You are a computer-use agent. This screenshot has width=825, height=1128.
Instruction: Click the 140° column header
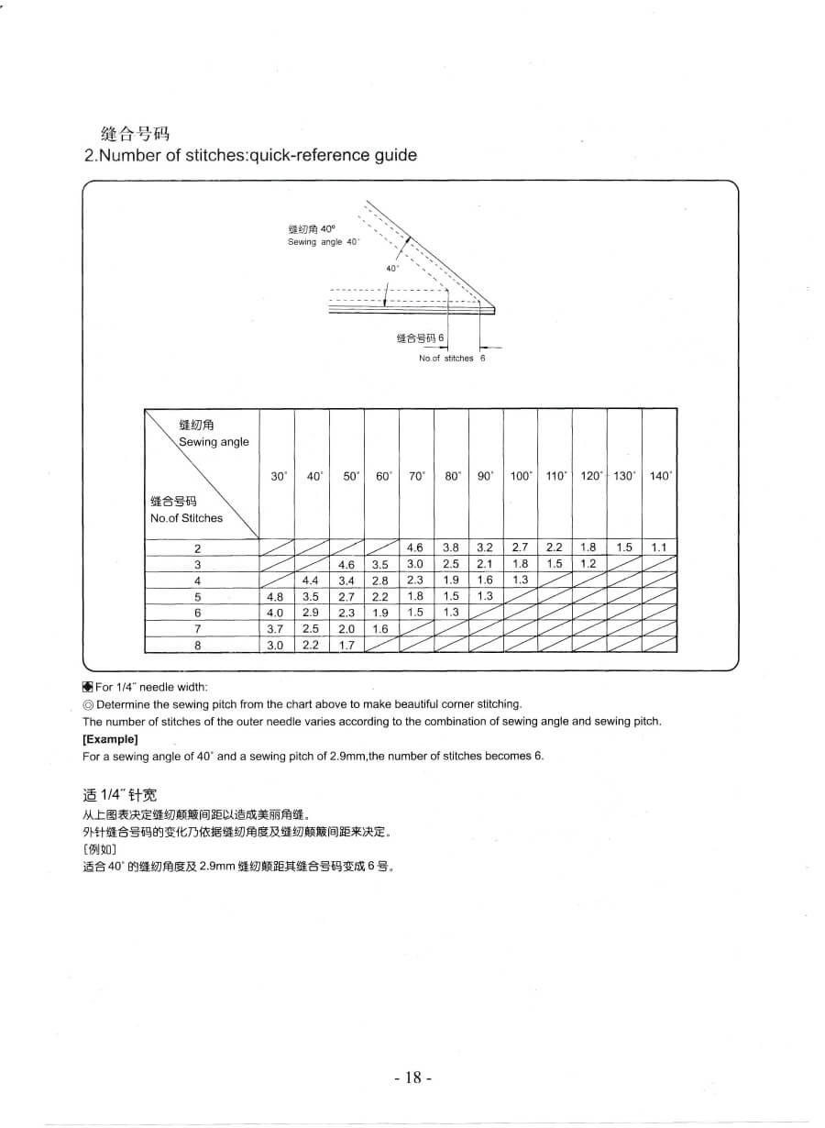point(660,476)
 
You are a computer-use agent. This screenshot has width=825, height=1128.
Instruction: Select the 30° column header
point(279,476)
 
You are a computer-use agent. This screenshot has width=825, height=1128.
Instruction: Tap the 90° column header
point(485,476)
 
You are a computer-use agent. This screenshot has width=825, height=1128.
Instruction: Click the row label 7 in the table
point(197,629)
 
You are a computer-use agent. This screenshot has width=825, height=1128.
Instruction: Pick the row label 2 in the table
point(197,548)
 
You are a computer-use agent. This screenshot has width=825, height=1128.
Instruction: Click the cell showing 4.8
point(275,597)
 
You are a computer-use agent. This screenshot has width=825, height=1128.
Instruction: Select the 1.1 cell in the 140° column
point(659,547)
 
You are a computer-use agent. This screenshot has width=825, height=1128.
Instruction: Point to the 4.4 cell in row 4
point(311,581)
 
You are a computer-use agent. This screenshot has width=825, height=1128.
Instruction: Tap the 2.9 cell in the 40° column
point(311,613)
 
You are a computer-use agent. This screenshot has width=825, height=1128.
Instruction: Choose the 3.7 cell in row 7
point(275,629)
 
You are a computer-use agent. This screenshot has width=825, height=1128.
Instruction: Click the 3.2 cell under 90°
point(485,547)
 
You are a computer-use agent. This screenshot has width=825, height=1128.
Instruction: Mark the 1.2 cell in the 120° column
point(588,564)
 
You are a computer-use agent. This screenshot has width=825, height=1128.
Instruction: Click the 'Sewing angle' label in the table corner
point(214,442)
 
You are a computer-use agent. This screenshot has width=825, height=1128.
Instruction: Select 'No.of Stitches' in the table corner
point(186,518)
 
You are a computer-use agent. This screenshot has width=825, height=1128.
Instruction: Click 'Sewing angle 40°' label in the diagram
point(324,242)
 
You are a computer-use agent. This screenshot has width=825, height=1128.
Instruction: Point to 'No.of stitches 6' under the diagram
point(452,359)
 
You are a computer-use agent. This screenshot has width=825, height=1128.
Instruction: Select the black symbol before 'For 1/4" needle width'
point(87,687)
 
